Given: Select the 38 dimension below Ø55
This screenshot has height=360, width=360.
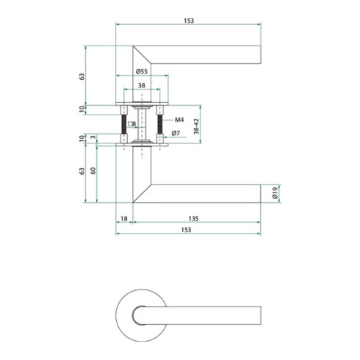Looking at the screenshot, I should pos(141,85).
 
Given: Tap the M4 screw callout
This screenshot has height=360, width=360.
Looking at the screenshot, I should pos(179,119).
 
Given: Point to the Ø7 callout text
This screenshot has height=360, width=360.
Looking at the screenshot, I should pos(176,133).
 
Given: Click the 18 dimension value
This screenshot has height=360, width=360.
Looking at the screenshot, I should pos(124,218).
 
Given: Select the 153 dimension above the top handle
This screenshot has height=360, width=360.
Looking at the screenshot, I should pos(188,20).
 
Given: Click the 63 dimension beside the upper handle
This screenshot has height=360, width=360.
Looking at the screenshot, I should pos(82,76).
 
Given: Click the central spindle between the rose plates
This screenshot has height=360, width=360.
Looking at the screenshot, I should pos(142,126).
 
